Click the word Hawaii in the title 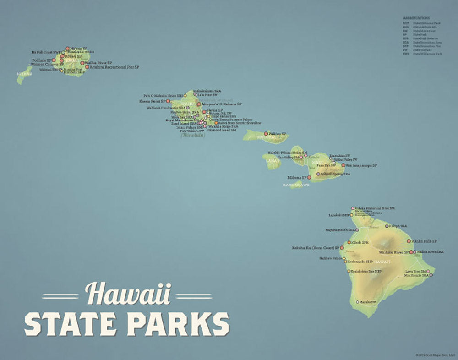[128, 294]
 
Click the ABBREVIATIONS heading [416, 18]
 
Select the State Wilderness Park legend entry [427, 54]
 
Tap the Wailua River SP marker [82, 63]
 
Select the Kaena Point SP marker [168, 101]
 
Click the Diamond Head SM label [222, 130]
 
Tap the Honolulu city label [193, 135]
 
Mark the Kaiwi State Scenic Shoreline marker [216, 123]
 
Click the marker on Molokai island [266, 134]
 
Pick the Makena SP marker [309, 177]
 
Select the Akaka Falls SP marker [409, 241]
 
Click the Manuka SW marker [358, 302]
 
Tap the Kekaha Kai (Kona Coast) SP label [316, 248]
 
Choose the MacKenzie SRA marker [430, 275]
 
